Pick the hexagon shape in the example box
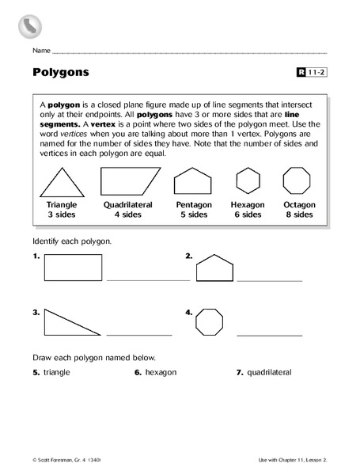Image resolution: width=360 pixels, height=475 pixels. click(247, 180)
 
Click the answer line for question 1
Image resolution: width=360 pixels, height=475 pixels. click(148, 280)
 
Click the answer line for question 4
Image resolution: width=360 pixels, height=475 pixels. click(269, 335)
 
